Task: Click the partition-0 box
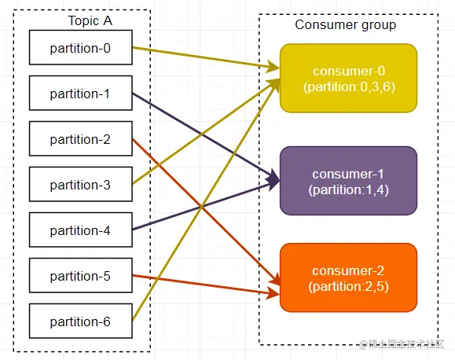click(x=81, y=47)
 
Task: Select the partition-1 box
click(x=81, y=93)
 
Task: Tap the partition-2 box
click(x=81, y=138)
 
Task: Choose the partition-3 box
click(x=81, y=184)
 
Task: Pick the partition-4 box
click(x=81, y=230)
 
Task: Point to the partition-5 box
click(x=81, y=275)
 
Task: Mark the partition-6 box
click(x=81, y=321)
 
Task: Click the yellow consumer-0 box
click(x=348, y=78)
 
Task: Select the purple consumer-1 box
click(x=348, y=181)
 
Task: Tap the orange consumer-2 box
click(x=348, y=277)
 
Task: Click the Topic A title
click(x=90, y=20)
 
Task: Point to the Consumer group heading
click(x=345, y=25)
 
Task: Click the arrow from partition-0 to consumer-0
click(x=206, y=58)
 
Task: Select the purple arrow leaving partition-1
click(x=206, y=137)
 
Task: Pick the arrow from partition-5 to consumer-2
click(x=206, y=285)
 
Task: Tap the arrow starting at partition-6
click(x=205, y=200)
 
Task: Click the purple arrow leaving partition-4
click(x=206, y=206)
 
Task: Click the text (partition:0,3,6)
click(x=349, y=86)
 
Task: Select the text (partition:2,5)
click(x=348, y=287)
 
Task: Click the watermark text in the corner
click(x=402, y=344)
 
